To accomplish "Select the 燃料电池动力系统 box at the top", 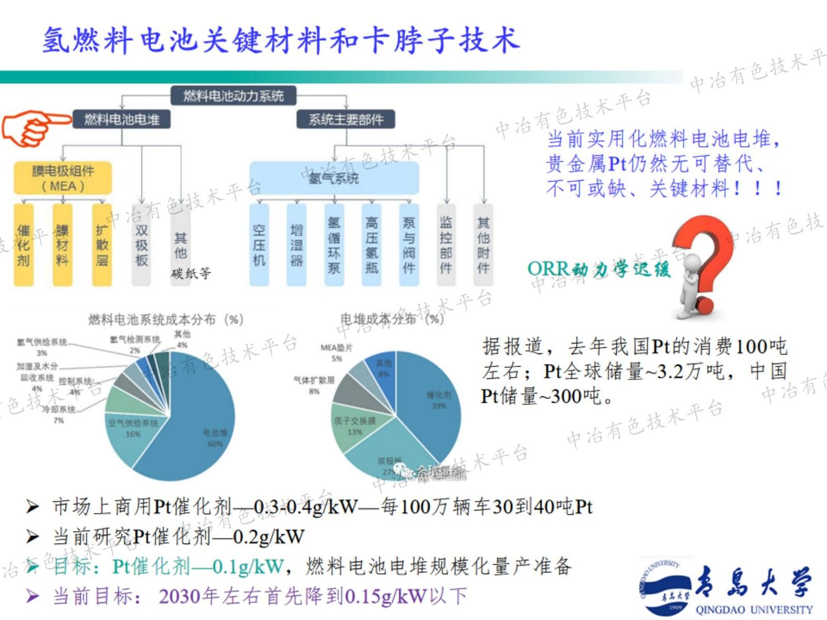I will coord(234,96).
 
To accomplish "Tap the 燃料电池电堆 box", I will coord(122,120).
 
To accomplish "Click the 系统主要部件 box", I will coord(346,120).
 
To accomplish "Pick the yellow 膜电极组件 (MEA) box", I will coord(63,178).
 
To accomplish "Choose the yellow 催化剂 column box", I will coord(24,245).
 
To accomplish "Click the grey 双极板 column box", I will coord(141,245).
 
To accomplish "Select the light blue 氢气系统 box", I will coord(334,178).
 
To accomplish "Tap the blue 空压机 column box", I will coord(259,245).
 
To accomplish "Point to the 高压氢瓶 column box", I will coord(371,245).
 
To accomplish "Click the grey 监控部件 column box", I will coord(446,245).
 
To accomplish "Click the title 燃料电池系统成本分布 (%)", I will coord(165,320).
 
